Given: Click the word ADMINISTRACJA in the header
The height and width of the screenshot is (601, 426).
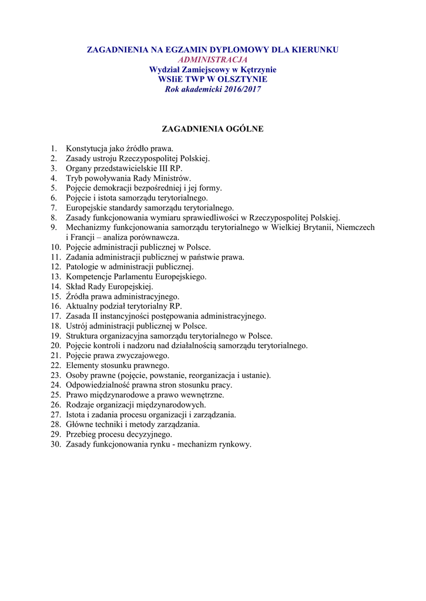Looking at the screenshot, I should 213,59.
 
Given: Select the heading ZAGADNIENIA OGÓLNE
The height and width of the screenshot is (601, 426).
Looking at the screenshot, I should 213,129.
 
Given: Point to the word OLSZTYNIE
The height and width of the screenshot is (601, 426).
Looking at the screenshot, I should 243,79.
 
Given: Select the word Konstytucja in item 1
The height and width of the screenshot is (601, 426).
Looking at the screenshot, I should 86,148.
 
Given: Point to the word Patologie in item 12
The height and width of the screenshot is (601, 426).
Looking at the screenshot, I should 82,266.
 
